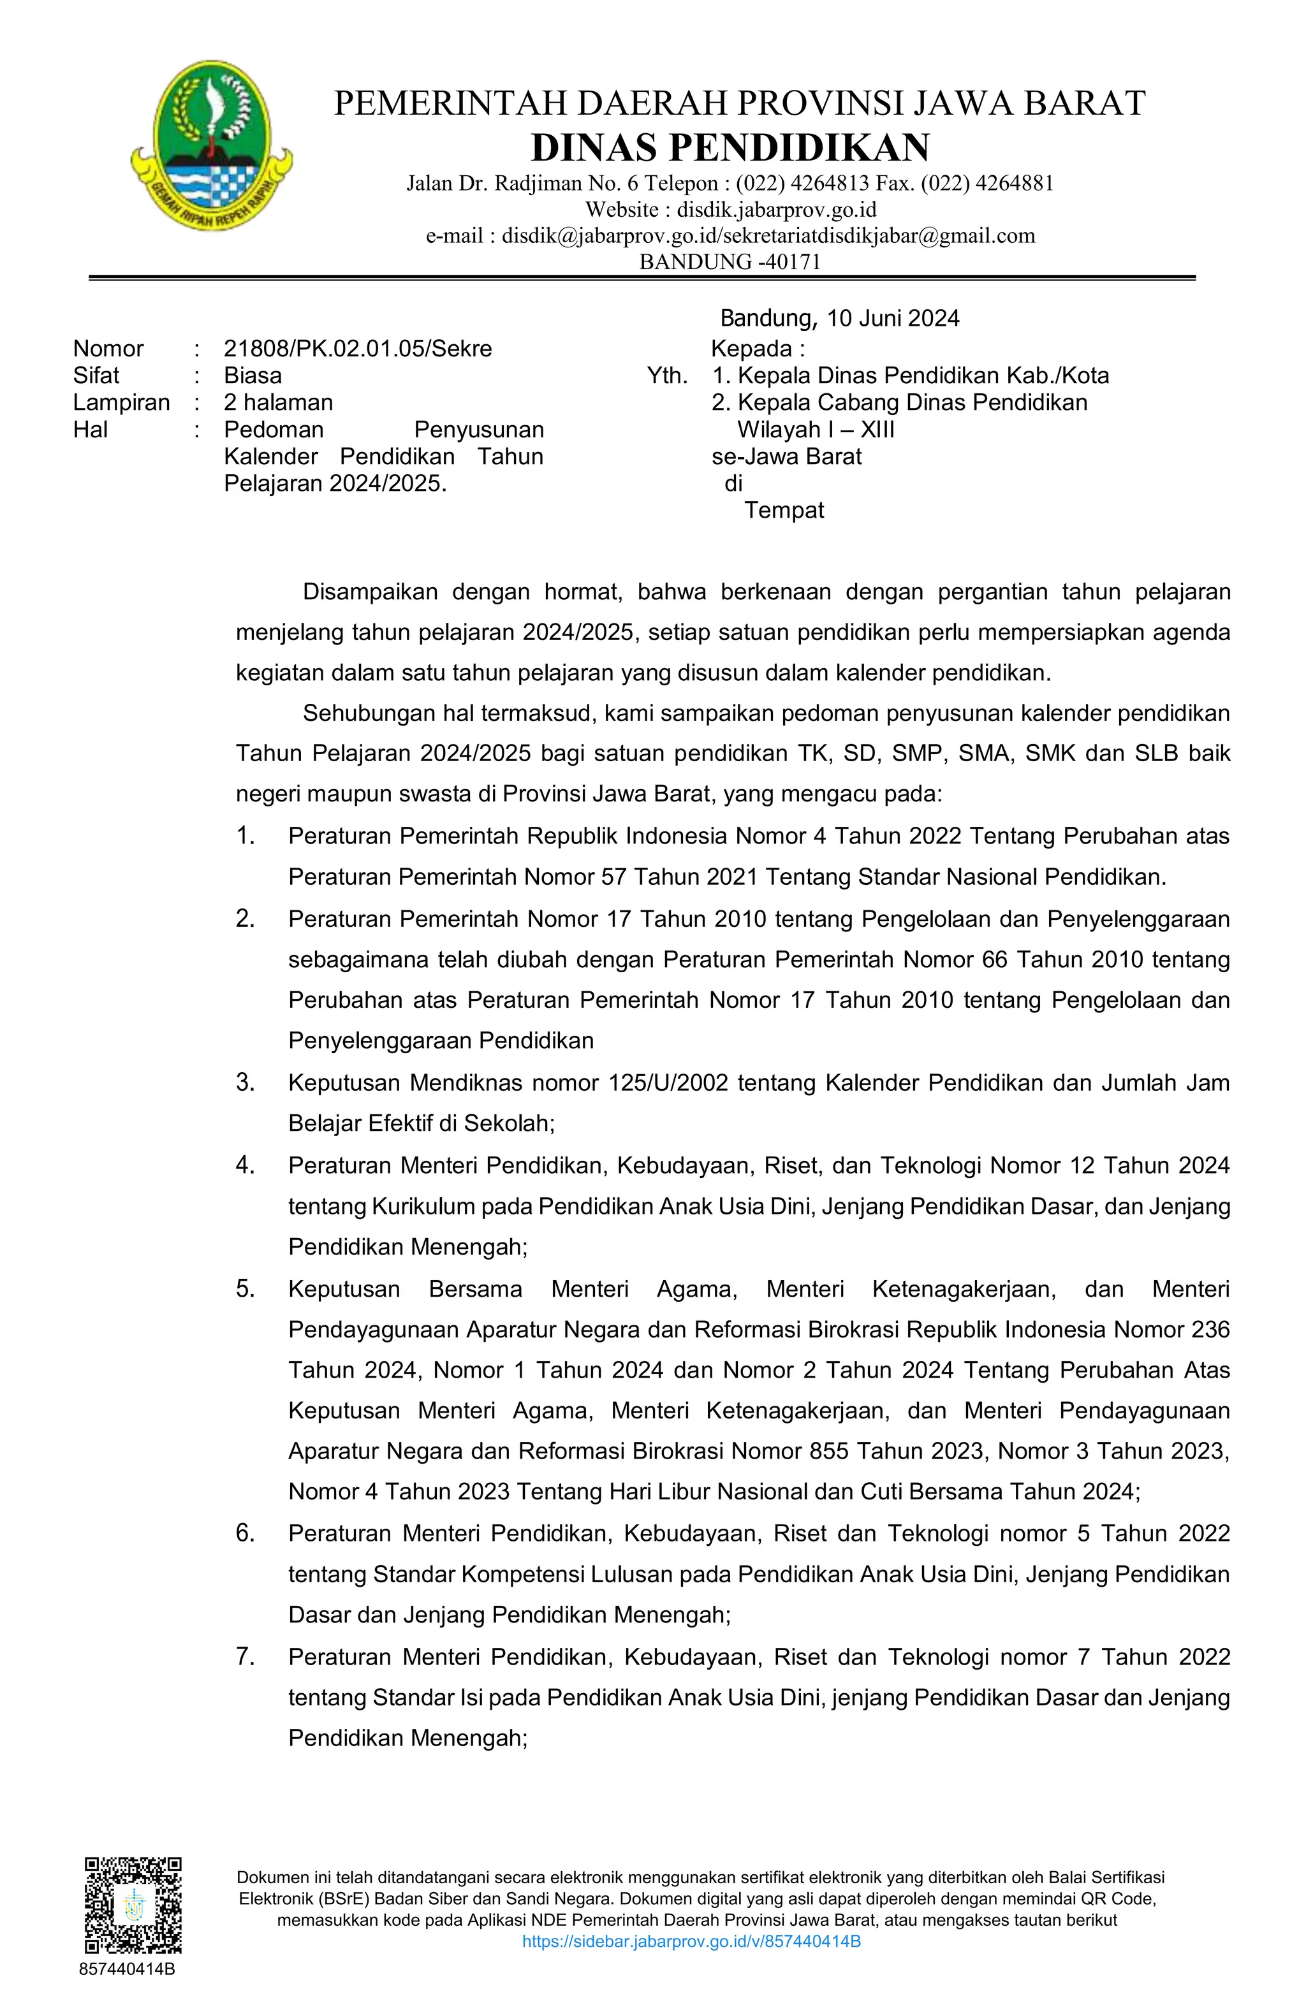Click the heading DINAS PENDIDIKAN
click(x=730, y=148)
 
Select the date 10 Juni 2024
click(x=893, y=319)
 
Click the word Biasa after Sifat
click(x=253, y=375)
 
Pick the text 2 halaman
click(x=277, y=402)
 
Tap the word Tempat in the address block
click(x=784, y=511)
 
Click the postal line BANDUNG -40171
click(x=730, y=261)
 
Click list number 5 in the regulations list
click(x=245, y=1289)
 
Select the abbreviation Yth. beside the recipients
click(x=667, y=375)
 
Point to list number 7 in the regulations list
click(x=245, y=1656)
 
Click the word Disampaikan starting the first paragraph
click(x=370, y=592)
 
